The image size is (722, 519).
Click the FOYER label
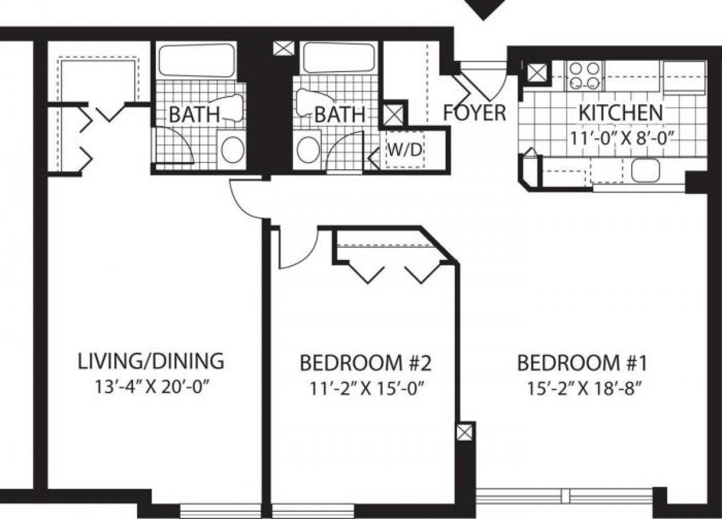(475, 113)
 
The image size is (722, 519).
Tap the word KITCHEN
(620, 112)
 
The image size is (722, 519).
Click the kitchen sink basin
(645, 170)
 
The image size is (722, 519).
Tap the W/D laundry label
(404, 149)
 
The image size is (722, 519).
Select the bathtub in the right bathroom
(339, 58)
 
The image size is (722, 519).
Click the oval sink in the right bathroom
(308, 149)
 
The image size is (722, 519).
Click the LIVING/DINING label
(151, 361)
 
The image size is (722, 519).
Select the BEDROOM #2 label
(366, 363)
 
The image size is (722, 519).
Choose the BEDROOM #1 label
(581, 363)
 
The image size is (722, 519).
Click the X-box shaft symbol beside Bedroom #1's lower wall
(464, 432)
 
